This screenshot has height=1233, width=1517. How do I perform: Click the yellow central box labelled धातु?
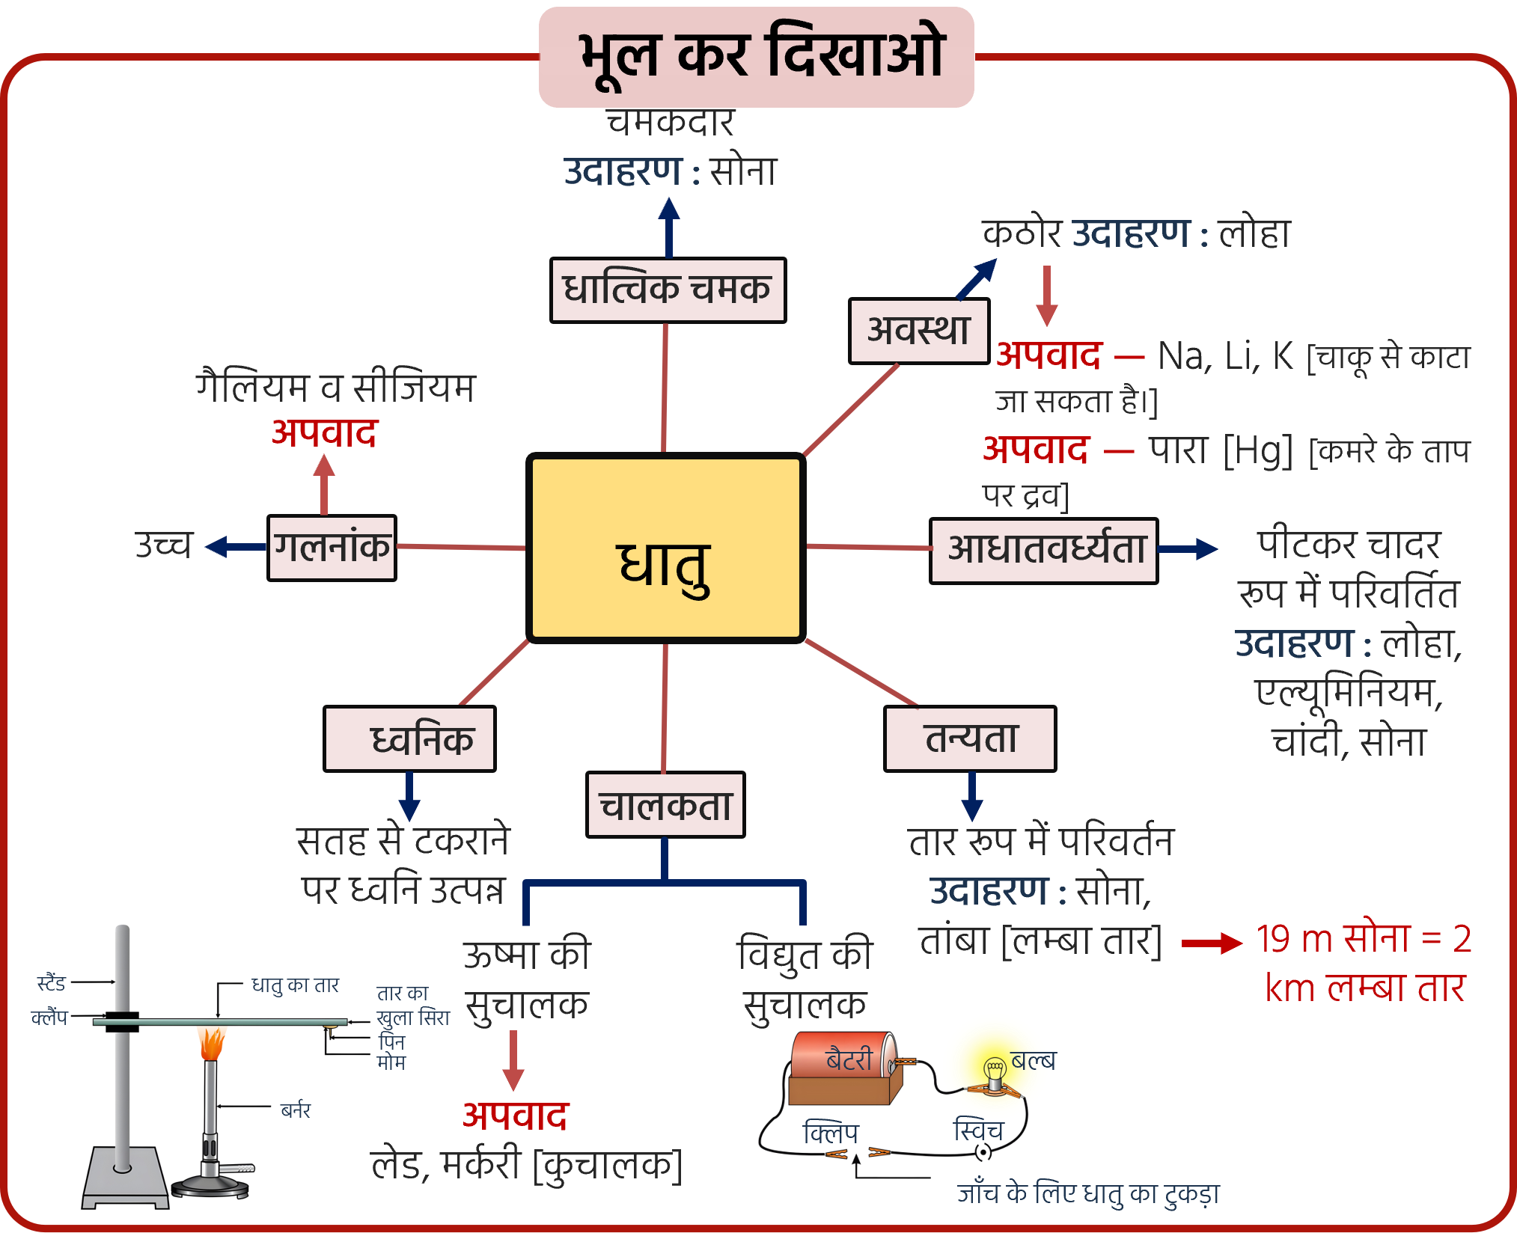[665, 548]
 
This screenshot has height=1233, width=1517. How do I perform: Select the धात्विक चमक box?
[668, 290]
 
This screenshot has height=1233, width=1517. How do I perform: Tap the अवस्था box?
[919, 331]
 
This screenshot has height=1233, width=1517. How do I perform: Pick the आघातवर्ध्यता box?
[1044, 550]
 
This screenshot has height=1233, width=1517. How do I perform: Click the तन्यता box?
[970, 739]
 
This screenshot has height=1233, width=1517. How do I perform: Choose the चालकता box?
[665, 805]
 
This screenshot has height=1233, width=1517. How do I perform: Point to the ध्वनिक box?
[409, 739]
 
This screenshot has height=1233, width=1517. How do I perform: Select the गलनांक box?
[332, 548]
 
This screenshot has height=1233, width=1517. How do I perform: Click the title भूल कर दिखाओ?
[757, 56]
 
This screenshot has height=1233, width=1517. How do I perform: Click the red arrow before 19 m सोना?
[1212, 943]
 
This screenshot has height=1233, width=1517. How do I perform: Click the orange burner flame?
[212, 1041]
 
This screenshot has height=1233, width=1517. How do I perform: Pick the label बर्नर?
[296, 1110]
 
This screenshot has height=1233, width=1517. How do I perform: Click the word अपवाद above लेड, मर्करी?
[515, 1116]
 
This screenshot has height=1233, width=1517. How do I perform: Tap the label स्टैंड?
[52, 983]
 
